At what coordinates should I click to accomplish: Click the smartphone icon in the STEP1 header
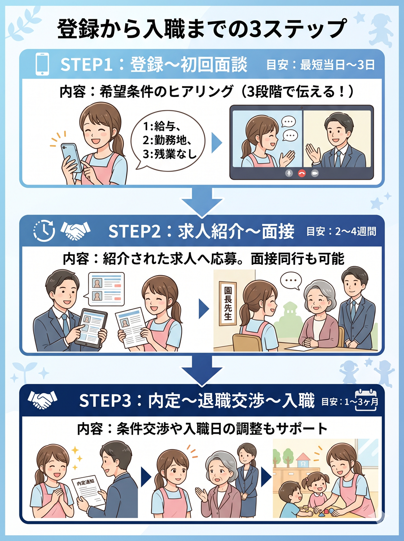42,64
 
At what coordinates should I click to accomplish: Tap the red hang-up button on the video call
302,173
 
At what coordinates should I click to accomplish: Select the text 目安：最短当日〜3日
321,65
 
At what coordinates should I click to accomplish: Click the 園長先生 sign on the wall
228,303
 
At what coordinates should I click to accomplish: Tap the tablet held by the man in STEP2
91,328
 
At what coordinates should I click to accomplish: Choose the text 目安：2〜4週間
341,232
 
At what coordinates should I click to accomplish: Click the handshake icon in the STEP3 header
43,400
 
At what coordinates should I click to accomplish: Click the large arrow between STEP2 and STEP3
202,369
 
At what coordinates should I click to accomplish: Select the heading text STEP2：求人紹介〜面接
202,231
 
